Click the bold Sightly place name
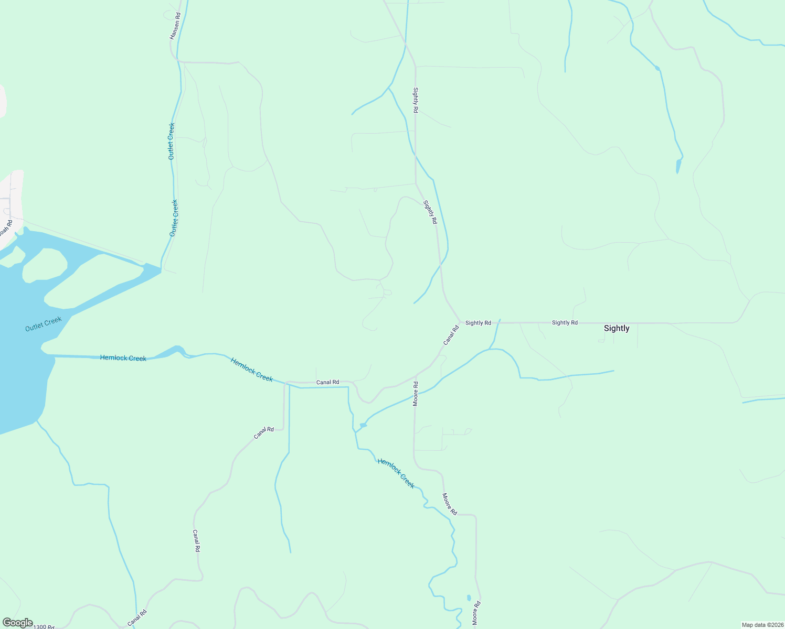pos(616,329)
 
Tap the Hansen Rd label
pos(175,27)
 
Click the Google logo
pos(17,623)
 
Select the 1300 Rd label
pos(44,626)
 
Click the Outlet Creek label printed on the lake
pos(44,324)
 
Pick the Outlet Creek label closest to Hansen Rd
pos(171,141)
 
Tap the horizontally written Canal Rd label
pos(327,383)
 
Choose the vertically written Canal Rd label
pos(196,540)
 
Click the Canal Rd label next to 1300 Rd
pos(137,618)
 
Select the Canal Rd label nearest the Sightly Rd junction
pos(451,335)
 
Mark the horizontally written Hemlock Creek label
pos(123,358)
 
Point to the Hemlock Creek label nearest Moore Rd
pos(396,473)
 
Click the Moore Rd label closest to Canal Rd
pos(416,394)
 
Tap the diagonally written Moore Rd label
pos(449,504)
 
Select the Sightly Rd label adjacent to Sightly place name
pos(565,323)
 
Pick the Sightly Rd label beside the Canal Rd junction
pos(478,323)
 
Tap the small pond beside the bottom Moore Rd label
pos(469,598)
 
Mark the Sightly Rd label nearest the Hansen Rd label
pos(416,100)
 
